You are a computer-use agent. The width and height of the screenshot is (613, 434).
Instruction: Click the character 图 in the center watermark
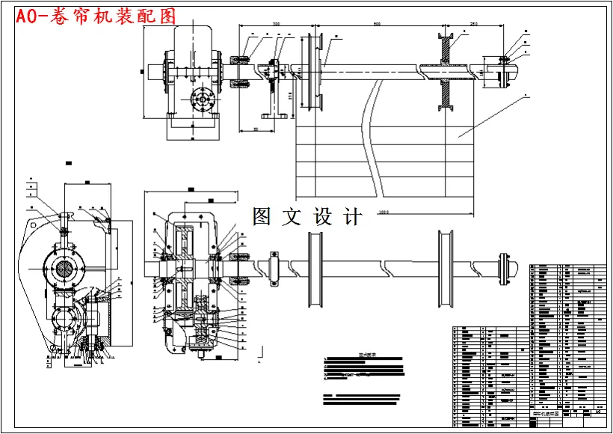coord(263,217)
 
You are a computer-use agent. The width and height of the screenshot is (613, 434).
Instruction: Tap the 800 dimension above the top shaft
coord(377,25)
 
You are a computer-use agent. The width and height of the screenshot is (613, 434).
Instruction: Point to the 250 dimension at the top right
coord(473,25)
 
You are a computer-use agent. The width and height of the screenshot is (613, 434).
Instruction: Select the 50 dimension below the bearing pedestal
coord(256,129)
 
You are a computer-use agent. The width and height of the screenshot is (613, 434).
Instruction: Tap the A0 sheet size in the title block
coord(596,411)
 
